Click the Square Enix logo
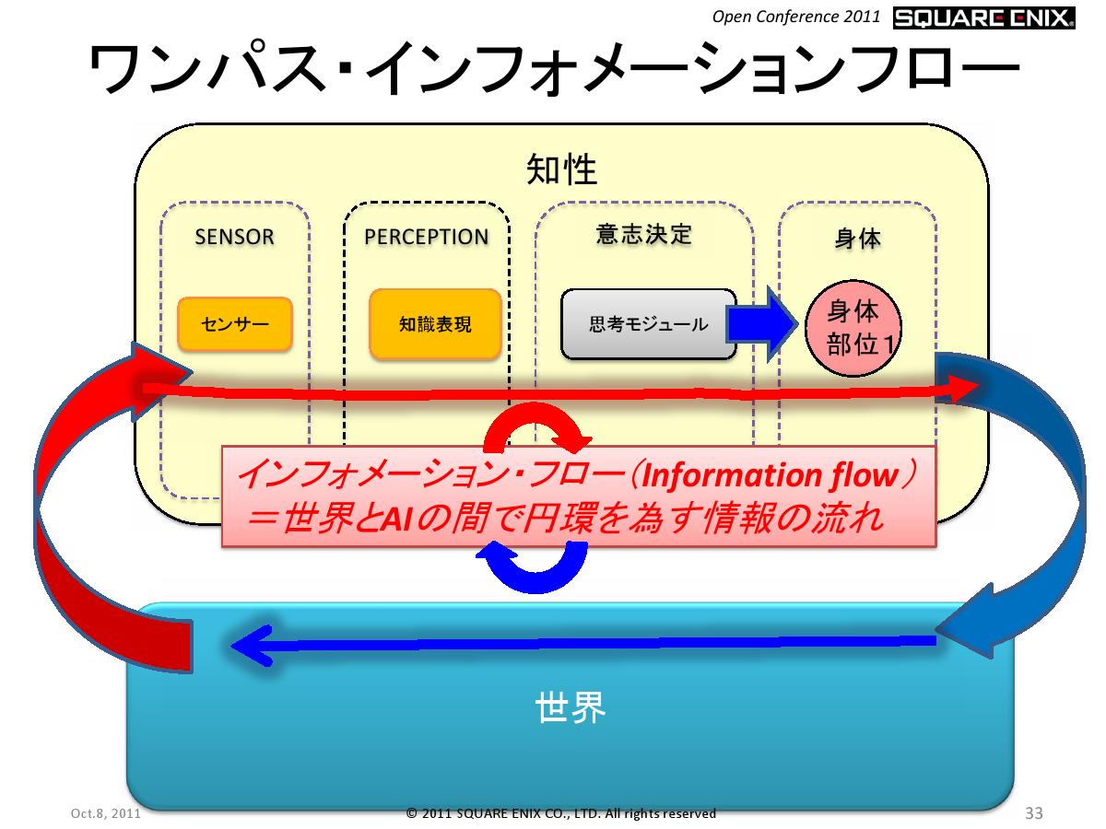coord(984,18)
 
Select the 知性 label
coord(561,169)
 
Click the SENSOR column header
coord(234,237)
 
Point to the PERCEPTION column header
coord(426,237)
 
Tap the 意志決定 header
coord(644,234)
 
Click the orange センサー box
coord(235,324)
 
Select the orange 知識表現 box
coord(435,324)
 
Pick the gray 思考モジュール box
coord(648,324)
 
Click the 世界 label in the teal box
coord(570,708)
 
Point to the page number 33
coord(1033,813)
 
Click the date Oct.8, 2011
coord(106,814)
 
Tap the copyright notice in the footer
coord(560,813)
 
